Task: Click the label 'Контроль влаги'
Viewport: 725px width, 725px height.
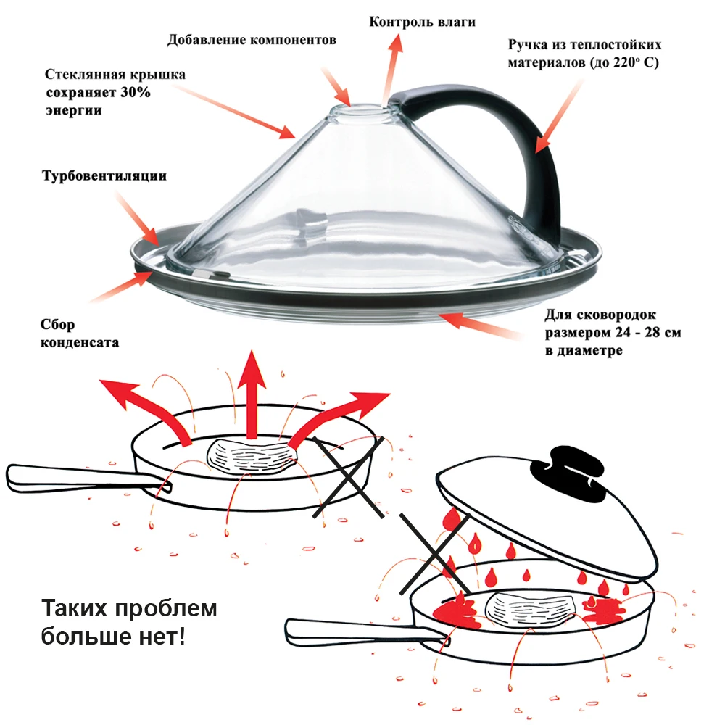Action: click(422, 22)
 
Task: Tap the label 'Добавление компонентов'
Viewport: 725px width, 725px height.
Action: click(252, 40)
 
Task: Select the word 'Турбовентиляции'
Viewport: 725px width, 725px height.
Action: click(104, 175)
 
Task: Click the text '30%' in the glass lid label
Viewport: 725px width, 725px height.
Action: click(136, 92)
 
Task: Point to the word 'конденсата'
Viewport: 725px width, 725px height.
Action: click(80, 342)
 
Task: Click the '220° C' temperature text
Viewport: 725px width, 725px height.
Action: click(636, 62)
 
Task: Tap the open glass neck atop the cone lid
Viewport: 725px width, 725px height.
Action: click(362, 112)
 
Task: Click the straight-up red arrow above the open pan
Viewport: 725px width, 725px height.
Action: click(251, 394)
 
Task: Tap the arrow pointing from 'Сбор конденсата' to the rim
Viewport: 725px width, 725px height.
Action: click(121, 286)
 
